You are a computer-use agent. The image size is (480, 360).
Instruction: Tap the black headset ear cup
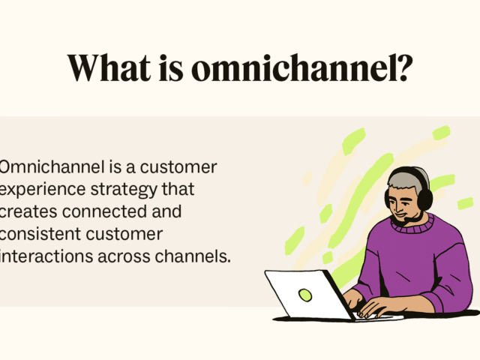425,199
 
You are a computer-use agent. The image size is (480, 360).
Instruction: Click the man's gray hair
406,180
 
